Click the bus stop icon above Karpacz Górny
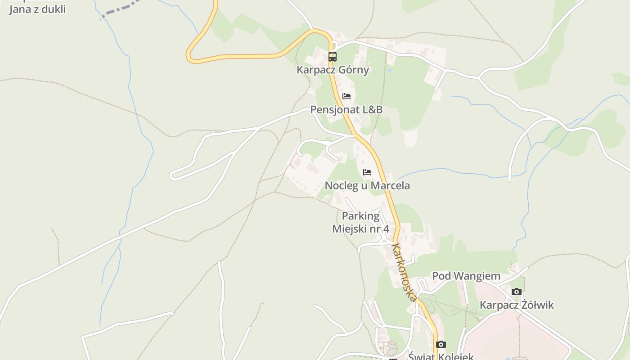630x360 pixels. pos(333,57)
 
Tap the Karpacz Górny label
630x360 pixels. pos(333,70)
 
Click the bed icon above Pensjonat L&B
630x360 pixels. pos(346,96)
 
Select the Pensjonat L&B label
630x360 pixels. pos(346,110)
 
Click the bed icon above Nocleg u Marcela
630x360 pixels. pos(367,172)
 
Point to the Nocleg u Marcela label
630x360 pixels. pos(367,185)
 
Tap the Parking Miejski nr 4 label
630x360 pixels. pos(360,222)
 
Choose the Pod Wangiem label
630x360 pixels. pos(466,276)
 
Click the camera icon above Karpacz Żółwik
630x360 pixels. pos(517,292)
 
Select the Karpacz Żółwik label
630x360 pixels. pos(517,305)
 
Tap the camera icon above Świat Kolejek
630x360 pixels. pos(441,345)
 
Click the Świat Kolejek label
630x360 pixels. pos(441,356)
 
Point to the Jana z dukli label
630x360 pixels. pos(37,9)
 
